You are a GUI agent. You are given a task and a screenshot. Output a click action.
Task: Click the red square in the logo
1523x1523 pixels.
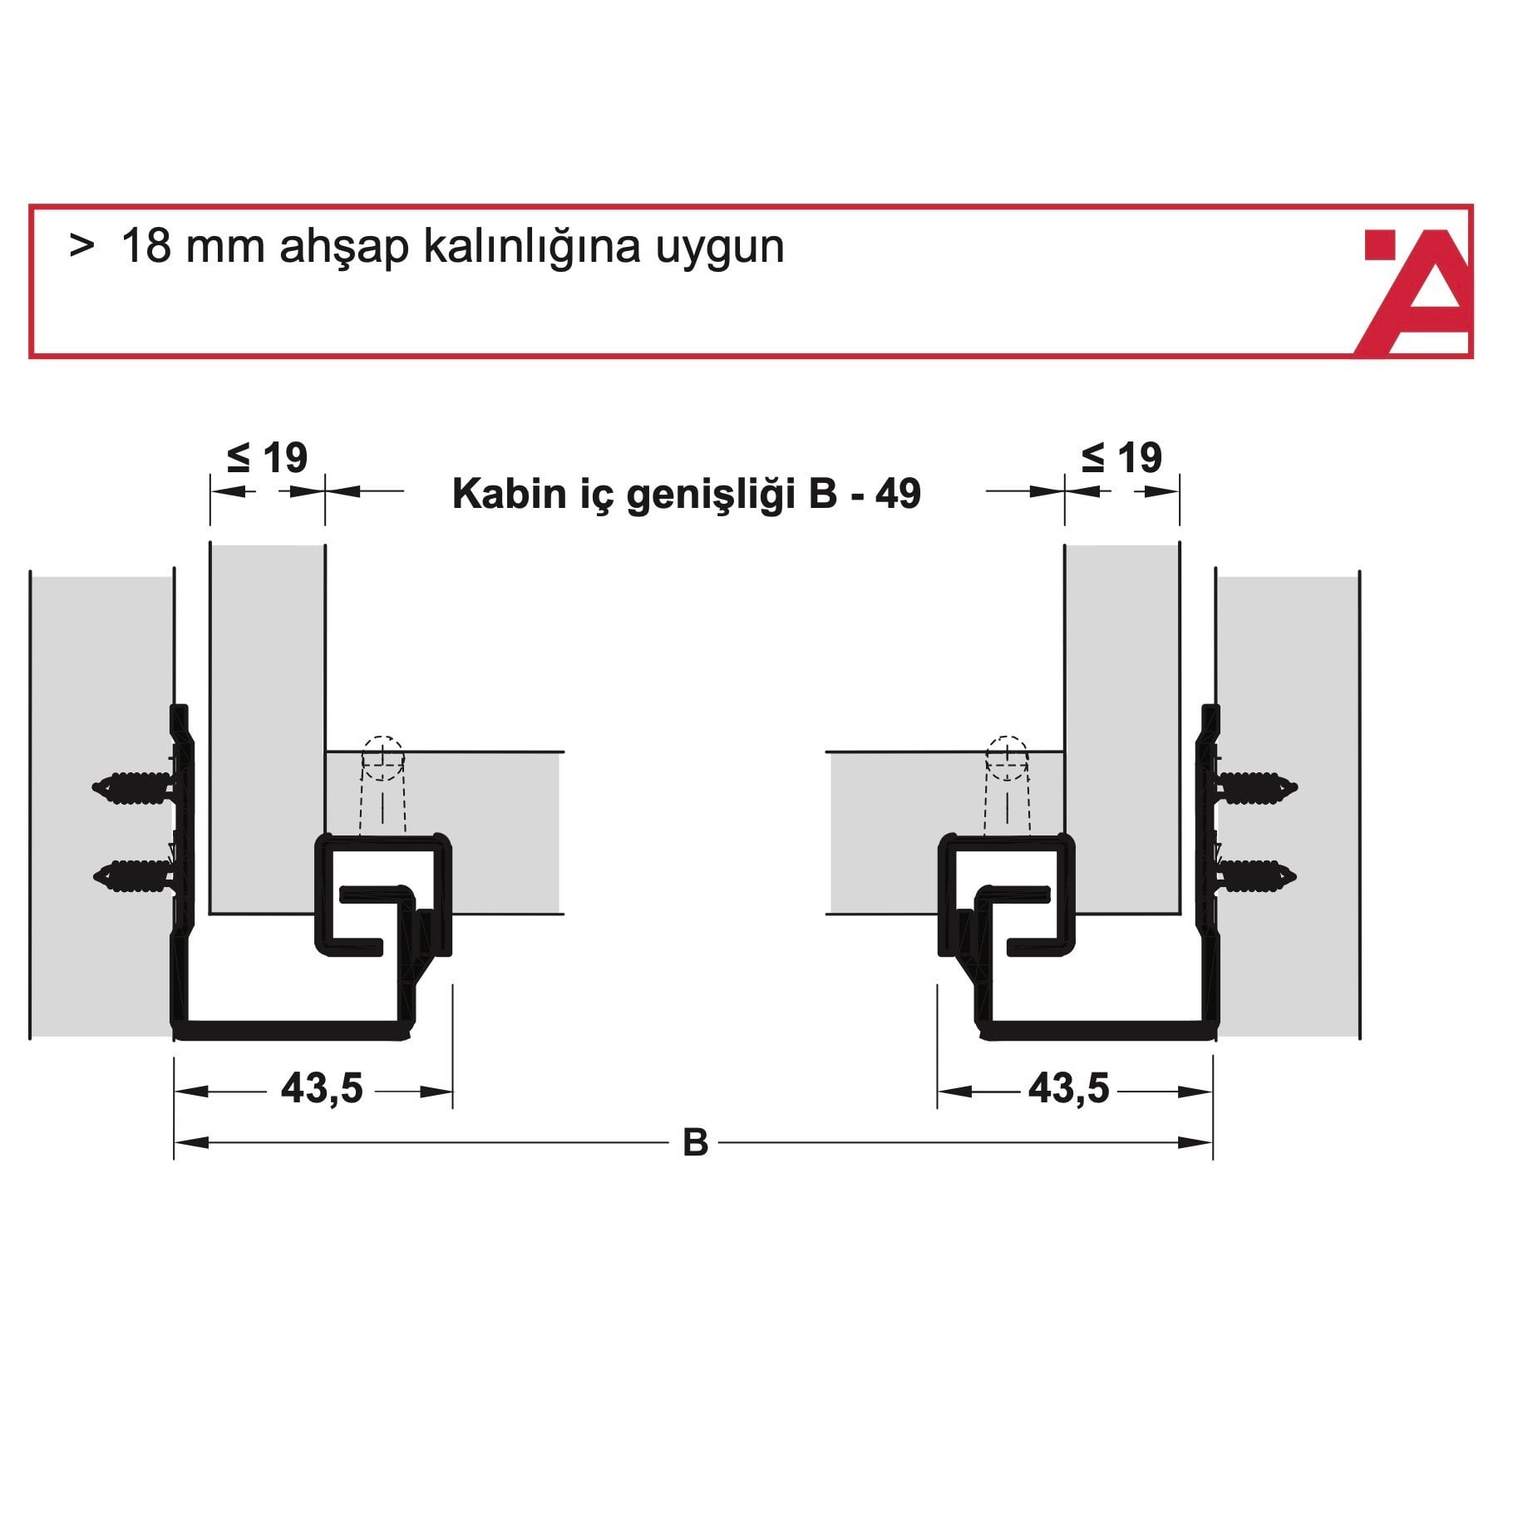point(1379,245)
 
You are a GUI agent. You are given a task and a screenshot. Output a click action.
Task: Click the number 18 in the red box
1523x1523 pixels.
point(146,247)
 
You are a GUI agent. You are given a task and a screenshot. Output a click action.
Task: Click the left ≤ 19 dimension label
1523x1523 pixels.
point(267,458)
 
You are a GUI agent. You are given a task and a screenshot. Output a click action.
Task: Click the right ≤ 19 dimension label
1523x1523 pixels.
point(1121,458)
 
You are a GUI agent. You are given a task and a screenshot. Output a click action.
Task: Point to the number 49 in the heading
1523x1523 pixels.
point(898,494)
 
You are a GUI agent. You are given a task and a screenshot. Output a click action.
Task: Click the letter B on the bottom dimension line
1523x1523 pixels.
point(695,1143)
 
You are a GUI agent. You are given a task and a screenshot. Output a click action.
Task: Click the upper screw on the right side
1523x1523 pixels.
point(1254,786)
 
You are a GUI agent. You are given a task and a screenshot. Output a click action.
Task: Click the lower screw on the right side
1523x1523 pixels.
point(1254,875)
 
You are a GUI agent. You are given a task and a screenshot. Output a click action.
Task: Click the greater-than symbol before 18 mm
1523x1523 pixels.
point(81,247)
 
